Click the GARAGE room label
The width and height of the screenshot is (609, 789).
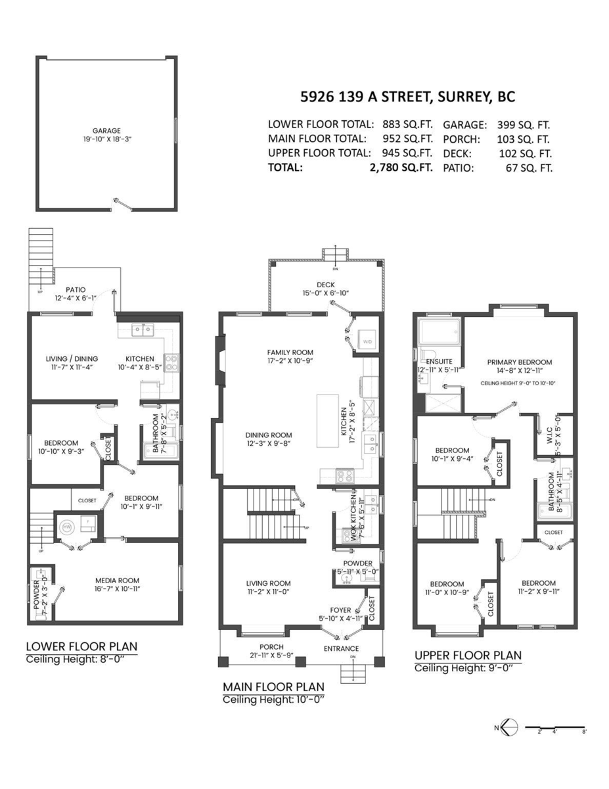point(106,131)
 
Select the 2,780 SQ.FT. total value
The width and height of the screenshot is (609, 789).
point(401,168)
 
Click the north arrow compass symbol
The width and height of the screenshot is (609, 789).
point(505,727)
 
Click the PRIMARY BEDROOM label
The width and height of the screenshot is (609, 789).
point(519,362)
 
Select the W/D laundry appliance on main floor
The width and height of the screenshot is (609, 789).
point(367,341)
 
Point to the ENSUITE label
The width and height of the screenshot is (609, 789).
point(440,362)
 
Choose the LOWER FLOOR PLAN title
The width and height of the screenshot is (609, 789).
point(81,646)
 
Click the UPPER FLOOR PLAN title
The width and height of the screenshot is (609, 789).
point(468,655)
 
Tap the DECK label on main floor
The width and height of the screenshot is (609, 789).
point(326,285)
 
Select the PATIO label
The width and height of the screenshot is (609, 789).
point(76,289)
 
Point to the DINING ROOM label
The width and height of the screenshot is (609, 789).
point(269,435)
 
